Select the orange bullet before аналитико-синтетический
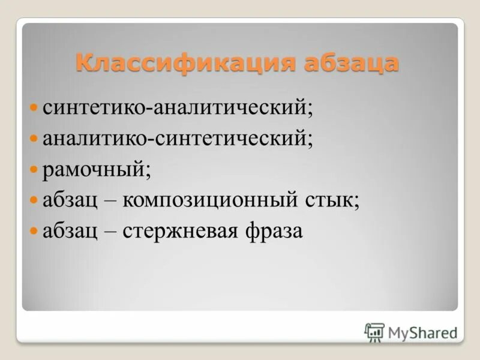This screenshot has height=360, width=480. (34, 139)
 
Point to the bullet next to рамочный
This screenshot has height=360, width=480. (34, 170)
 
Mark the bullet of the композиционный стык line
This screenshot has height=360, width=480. (34, 200)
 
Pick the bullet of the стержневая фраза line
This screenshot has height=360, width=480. (34, 231)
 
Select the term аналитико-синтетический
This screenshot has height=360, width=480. (176, 139)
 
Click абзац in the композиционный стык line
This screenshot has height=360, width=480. (70, 200)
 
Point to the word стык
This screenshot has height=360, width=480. (328, 200)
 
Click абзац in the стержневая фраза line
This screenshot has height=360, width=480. (70, 231)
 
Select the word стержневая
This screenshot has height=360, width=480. (180, 231)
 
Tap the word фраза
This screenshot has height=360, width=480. (274, 231)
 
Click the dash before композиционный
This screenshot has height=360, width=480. (110, 201)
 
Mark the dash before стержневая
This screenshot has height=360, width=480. (110, 232)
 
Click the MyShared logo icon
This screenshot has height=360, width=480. (374, 332)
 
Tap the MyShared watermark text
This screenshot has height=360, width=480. (422, 332)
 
